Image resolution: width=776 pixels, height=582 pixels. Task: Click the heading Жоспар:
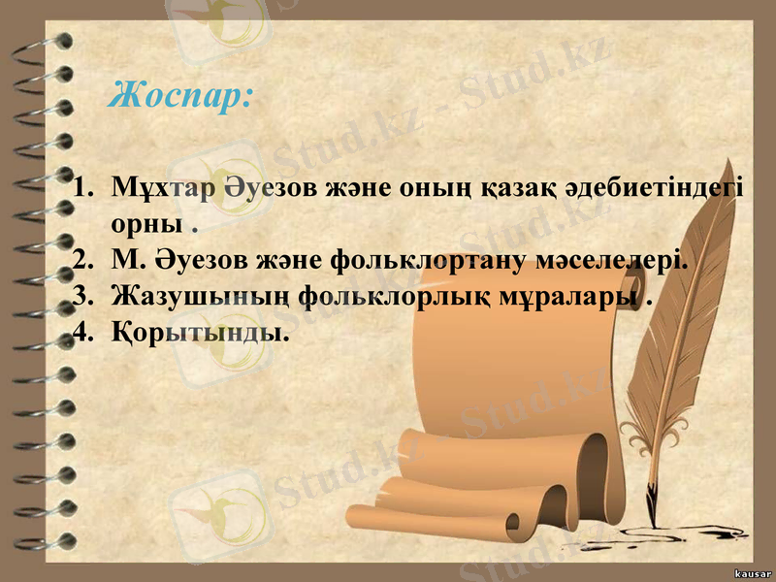coord(181,95)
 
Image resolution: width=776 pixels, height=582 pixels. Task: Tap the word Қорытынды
coord(200,333)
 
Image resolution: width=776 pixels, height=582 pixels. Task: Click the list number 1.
coord(81,187)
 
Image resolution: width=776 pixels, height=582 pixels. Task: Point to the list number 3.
coord(81,296)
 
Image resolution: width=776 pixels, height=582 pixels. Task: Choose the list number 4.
coord(81,333)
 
